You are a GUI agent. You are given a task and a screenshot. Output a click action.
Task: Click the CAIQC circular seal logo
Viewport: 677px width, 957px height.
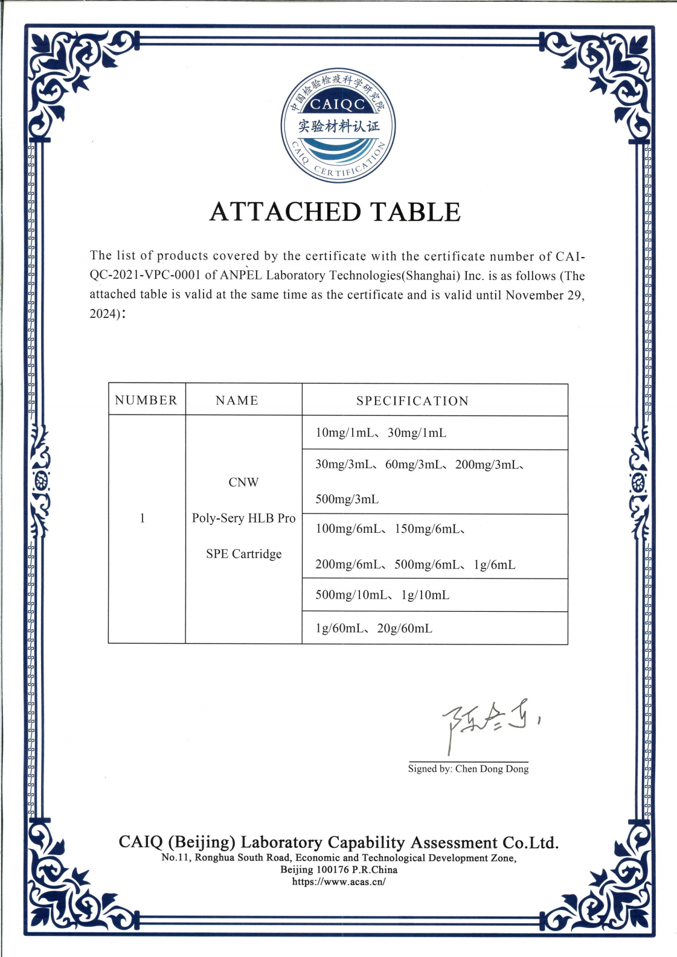[x=338, y=126]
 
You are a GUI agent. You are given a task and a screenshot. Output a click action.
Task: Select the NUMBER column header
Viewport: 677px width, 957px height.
[x=146, y=401]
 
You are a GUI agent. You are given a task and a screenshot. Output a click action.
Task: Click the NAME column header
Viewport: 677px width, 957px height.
[x=237, y=401]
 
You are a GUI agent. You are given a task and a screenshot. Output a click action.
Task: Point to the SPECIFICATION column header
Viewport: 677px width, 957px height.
[x=412, y=401]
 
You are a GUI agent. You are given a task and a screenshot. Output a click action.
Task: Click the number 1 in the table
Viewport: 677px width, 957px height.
[x=143, y=518]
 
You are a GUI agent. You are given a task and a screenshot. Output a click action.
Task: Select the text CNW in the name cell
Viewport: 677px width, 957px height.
[x=243, y=483]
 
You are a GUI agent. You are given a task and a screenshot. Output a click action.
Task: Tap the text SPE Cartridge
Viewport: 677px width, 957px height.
[x=243, y=554]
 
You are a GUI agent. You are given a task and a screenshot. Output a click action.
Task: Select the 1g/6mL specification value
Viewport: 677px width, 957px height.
[x=495, y=565]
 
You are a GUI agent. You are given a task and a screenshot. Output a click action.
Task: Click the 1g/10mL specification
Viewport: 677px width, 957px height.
[x=425, y=596]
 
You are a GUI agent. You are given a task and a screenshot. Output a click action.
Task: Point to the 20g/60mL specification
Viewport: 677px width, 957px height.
[x=405, y=629]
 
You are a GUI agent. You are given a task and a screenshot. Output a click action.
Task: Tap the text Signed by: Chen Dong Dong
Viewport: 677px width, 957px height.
[x=468, y=769]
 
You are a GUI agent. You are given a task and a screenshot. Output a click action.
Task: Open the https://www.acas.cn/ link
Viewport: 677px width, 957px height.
[x=338, y=882]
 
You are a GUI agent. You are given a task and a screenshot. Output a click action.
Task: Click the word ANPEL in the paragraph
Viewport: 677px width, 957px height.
[x=240, y=276]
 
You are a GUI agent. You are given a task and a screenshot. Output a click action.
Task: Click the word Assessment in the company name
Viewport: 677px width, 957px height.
[x=451, y=842]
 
